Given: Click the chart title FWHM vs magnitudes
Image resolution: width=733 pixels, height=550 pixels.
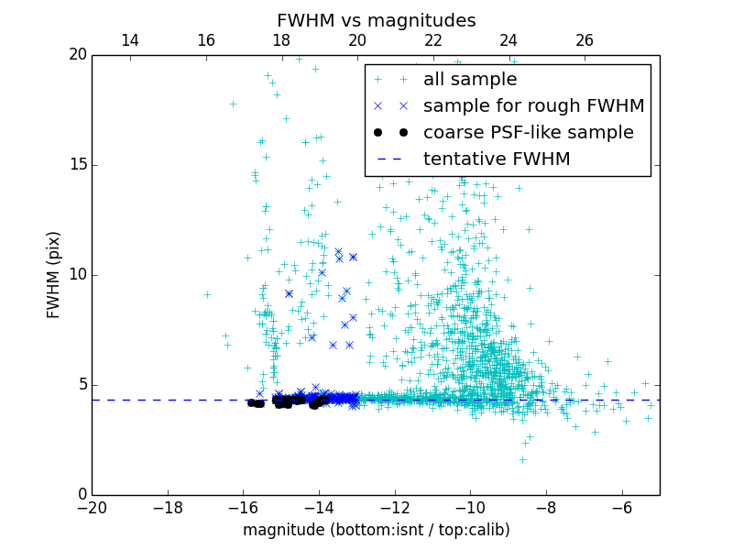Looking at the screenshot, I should [x=376, y=20].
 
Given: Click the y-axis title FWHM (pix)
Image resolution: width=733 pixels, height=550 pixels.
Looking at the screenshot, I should [x=54, y=275].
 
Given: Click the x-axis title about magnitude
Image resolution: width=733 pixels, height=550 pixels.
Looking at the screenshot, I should [x=376, y=530].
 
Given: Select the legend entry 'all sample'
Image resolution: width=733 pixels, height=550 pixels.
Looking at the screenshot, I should [x=470, y=79].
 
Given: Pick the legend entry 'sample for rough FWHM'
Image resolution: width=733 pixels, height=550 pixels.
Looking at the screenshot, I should [x=533, y=105].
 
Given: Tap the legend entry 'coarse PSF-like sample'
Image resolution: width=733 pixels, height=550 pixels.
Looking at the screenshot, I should [x=528, y=132].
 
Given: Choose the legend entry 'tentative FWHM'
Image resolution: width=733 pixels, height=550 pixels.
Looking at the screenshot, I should [x=497, y=159].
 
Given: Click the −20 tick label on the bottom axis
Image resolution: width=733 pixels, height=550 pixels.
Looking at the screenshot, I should [x=92, y=508].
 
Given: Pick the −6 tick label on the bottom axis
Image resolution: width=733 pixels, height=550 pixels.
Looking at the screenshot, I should [x=621, y=508].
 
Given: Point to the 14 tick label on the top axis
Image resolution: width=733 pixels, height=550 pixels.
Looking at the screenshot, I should [x=130, y=40].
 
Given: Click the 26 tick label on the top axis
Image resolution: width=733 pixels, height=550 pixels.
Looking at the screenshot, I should [x=585, y=40].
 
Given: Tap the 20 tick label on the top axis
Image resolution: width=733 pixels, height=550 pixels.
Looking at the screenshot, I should [x=357, y=40].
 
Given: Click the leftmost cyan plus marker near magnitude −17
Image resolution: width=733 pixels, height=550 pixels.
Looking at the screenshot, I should [x=207, y=294].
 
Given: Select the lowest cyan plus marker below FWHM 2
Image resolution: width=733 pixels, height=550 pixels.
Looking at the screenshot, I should [x=522, y=459].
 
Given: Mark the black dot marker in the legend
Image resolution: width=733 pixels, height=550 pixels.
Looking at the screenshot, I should [x=390, y=132].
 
